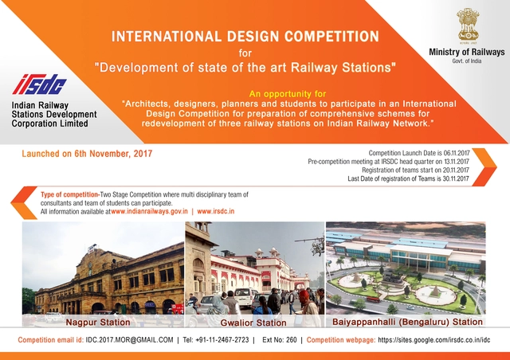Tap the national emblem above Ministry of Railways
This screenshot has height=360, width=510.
click(x=466, y=25)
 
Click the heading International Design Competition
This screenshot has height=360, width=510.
click(x=245, y=37)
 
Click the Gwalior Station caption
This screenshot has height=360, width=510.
click(x=253, y=323)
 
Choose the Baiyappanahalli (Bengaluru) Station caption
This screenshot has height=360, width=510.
click(x=406, y=323)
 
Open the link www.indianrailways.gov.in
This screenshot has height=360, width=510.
click(x=150, y=211)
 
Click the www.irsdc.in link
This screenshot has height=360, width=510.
click(x=222, y=211)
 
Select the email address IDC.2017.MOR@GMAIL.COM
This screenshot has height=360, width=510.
click(x=129, y=340)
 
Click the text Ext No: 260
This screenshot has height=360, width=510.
click(x=279, y=340)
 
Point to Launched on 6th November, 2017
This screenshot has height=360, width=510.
click(x=87, y=152)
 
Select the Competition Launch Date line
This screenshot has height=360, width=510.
click(x=419, y=152)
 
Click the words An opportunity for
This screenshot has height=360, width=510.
click(x=288, y=93)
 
